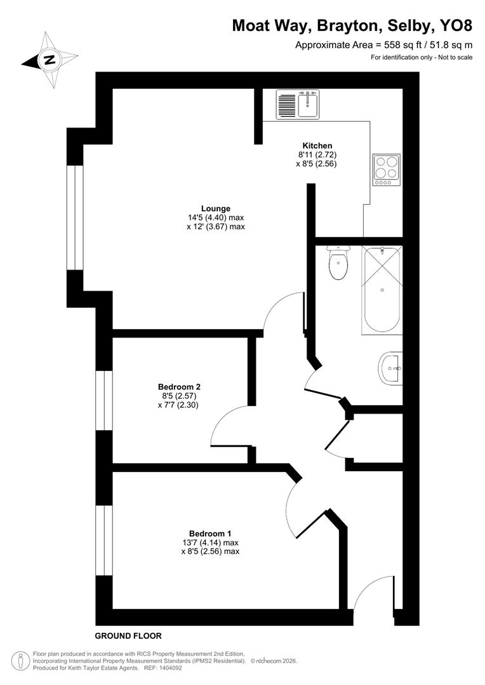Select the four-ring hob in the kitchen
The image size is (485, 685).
(x=386, y=169)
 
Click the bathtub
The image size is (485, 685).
(x=382, y=289)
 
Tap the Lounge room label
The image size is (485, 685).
(x=215, y=209)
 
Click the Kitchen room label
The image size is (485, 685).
(x=317, y=146)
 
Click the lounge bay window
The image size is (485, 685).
(x=75, y=217)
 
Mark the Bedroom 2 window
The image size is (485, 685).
(x=104, y=401)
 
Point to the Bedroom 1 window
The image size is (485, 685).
(x=104, y=540)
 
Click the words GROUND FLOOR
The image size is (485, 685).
(x=128, y=636)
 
